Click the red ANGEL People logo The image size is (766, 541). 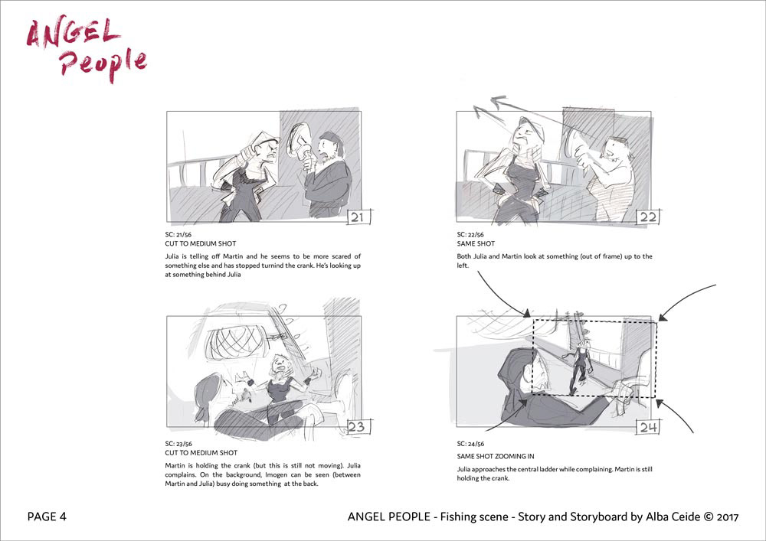(87, 51)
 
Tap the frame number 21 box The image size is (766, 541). (358, 217)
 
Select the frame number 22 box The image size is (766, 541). (648, 217)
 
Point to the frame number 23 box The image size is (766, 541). (357, 426)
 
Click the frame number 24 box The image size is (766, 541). (649, 427)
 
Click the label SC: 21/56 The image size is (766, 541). (178, 235)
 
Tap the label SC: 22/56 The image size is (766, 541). (470, 235)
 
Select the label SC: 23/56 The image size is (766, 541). (178, 444)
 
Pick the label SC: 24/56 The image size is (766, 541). (470, 444)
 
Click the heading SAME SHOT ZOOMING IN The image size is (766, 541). (496, 457)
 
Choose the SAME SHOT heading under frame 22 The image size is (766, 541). (476, 243)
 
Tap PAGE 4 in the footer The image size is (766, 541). (47, 517)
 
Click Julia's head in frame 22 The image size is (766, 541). (528, 131)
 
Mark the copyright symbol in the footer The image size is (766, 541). (709, 517)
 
